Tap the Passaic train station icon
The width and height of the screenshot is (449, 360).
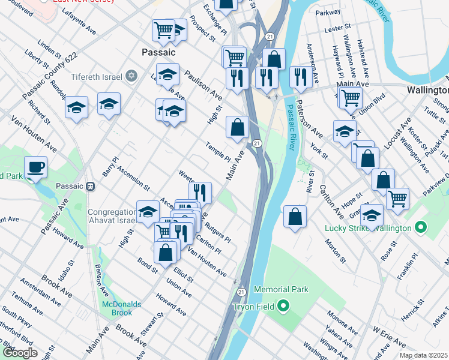point(91,186)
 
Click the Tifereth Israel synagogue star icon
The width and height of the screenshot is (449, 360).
point(131,76)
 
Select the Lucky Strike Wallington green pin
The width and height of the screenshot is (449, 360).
point(420,228)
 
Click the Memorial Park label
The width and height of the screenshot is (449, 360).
point(281,289)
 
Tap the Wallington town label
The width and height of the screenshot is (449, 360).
point(427,90)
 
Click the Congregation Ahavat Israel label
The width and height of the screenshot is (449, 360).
point(112,216)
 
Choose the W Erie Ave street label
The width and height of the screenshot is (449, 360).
point(390,335)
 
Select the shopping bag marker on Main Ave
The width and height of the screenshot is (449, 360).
point(237,127)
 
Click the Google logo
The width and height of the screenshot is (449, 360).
point(20,353)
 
